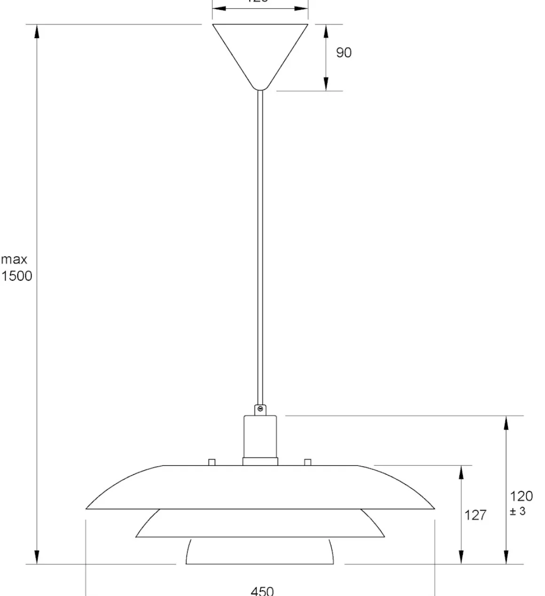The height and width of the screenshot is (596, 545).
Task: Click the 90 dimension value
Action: tap(343, 53)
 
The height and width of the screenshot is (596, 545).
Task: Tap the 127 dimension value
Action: tap(475, 515)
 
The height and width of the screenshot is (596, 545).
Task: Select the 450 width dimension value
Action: tap(262, 590)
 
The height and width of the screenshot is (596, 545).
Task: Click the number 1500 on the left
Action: tap(16, 276)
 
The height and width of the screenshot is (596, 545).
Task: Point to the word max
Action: tap(14, 259)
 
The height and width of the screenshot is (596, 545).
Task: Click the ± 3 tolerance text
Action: tap(518, 511)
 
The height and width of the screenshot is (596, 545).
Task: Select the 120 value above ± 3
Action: tap(521, 496)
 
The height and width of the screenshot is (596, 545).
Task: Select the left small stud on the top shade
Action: tap(211, 462)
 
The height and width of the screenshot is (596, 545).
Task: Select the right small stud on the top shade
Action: tap(308, 462)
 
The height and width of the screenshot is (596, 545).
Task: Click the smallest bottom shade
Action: tap(260, 552)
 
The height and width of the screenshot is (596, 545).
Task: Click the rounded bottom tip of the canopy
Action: tap(260, 87)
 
